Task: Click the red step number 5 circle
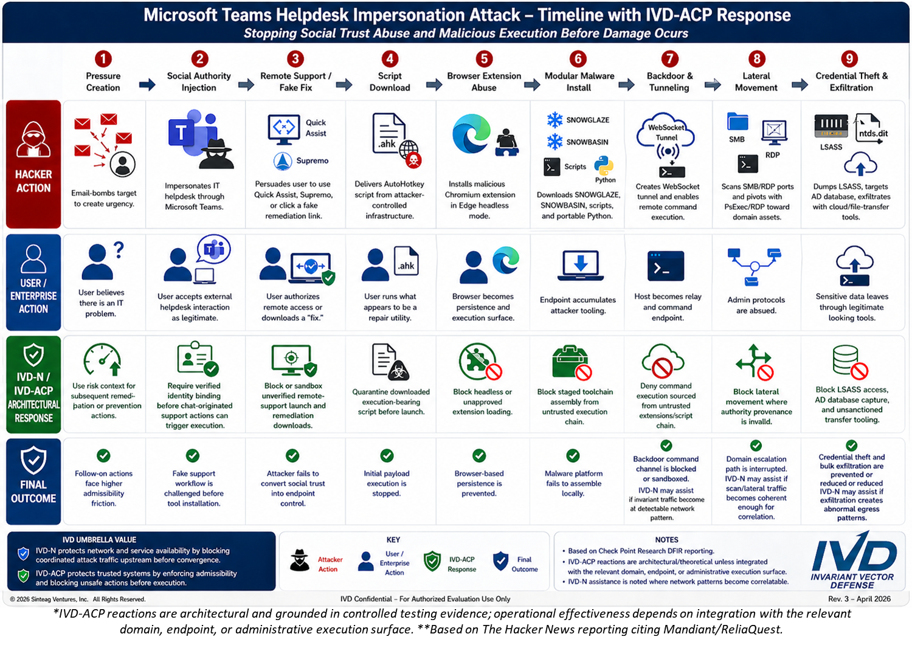click(484, 59)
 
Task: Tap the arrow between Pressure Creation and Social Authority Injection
click(147, 85)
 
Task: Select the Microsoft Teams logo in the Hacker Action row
click(192, 133)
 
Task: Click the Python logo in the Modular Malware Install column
click(604, 166)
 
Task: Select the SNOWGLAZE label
click(587, 120)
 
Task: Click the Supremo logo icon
click(283, 161)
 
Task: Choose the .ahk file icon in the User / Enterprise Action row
click(406, 261)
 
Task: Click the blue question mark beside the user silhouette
click(119, 250)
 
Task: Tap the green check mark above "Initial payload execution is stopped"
click(387, 455)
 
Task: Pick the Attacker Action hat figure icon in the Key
click(300, 560)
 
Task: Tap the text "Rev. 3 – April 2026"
click(859, 599)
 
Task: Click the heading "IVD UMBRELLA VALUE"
click(99, 540)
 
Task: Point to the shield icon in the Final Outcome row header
click(33, 460)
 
